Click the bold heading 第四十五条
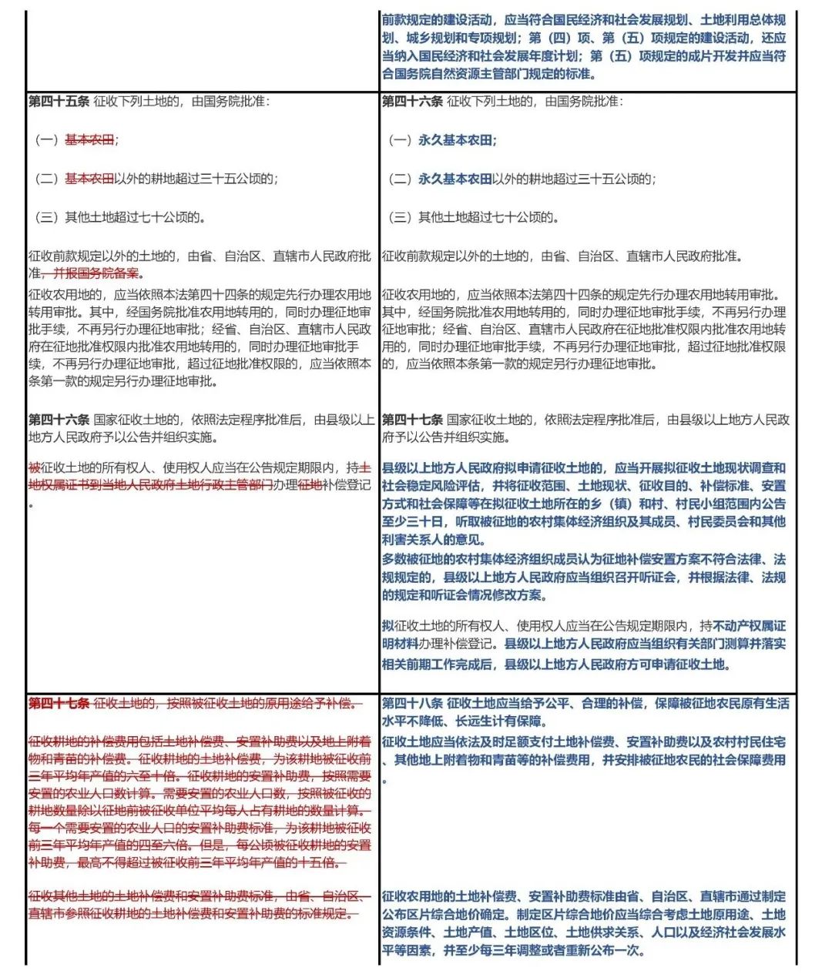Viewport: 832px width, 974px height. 59,101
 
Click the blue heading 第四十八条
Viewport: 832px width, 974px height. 412,703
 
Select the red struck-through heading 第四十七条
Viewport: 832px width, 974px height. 59,703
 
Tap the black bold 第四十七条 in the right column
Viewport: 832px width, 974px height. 412,420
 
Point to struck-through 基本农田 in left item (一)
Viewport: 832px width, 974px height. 89,139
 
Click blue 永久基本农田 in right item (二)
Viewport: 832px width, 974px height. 455,179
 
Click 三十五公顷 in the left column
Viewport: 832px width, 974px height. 230,179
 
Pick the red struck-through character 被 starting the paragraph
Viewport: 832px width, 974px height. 34,467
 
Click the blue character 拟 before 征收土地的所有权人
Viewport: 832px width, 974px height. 387,626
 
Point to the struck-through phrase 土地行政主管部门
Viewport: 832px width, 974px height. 224,485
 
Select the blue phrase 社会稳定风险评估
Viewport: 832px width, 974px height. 431,485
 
